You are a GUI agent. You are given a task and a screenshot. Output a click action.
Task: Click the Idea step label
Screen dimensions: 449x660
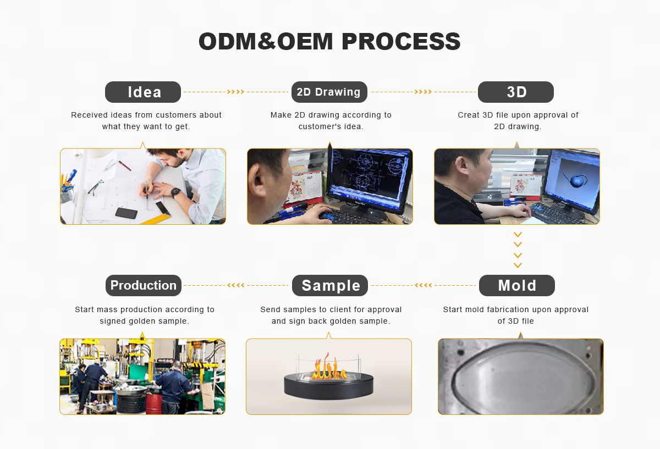pyautogui.click(x=143, y=92)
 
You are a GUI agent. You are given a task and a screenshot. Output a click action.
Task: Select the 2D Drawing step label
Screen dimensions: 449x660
pyautogui.click(x=329, y=92)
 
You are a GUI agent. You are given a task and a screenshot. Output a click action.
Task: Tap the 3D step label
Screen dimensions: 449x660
pyautogui.click(x=516, y=92)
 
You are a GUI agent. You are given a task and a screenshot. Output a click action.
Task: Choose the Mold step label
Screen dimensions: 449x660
pyautogui.click(x=516, y=286)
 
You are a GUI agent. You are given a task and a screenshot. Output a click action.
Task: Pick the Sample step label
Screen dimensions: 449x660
pyautogui.click(x=330, y=286)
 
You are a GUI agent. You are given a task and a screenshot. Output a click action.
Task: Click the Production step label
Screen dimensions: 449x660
pyautogui.click(x=143, y=285)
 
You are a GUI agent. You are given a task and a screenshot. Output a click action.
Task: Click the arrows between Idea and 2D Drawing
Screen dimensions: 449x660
pyautogui.click(x=235, y=92)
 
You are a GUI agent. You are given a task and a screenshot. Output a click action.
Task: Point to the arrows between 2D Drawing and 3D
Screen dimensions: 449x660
pyautogui.click(x=423, y=92)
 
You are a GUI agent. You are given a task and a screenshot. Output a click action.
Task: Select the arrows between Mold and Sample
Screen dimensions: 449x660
pyautogui.click(x=423, y=285)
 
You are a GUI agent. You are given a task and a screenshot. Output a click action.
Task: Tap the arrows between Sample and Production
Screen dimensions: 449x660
pyautogui.click(x=236, y=285)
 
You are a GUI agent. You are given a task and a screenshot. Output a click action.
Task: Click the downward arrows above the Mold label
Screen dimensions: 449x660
pyautogui.click(x=518, y=250)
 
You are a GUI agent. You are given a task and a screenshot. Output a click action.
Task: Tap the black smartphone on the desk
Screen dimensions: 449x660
pyautogui.click(x=126, y=213)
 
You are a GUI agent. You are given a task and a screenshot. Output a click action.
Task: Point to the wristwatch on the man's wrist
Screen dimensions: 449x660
pyautogui.click(x=175, y=192)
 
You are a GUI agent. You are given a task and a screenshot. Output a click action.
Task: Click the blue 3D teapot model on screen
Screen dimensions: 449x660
pyautogui.click(x=575, y=179)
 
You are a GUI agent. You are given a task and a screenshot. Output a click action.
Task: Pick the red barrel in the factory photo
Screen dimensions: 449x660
pyautogui.click(x=153, y=403)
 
